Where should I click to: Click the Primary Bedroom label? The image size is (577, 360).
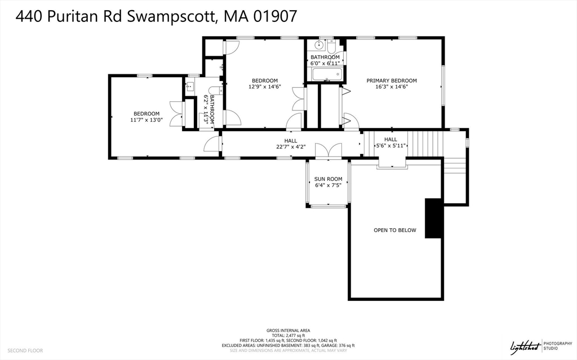click(392, 81)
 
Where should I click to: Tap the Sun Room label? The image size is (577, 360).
click(328, 179)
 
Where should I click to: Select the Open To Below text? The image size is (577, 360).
click(394, 230)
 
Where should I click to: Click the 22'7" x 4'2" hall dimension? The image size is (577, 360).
click(291, 147)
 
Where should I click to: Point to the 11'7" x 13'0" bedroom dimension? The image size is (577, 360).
click(146, 119)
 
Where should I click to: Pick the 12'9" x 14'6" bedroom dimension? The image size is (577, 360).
click(264, 87)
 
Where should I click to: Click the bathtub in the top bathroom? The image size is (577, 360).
click(325, 74)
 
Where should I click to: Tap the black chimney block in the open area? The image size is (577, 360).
click(433, 218)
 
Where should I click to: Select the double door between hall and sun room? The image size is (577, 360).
click(328, 150)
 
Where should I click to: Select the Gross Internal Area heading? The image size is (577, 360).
click(288, 330)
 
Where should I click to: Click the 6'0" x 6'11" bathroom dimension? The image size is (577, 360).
click(325, 64)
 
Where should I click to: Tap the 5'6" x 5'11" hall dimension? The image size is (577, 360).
click(390, 145)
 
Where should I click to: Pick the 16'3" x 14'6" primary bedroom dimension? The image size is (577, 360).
click(392, 87)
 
